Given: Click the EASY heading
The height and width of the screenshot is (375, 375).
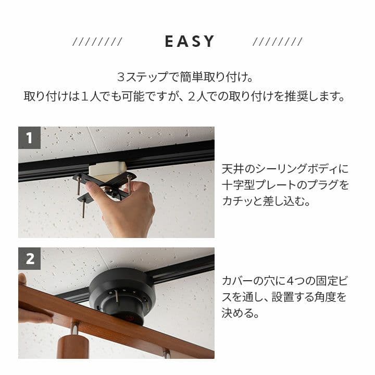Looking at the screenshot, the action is point(190,41).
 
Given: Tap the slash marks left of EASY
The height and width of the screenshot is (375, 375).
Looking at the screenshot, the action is point(97,42).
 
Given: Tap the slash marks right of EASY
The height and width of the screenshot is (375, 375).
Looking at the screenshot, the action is point(278,42).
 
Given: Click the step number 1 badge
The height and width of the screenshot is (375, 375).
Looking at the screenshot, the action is point(29,137).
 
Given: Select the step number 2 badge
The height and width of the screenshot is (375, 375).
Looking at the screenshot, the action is point(29,259).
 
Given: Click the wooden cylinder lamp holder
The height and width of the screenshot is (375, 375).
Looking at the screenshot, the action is point(73,347).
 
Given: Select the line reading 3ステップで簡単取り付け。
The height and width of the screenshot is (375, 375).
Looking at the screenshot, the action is point(185,77).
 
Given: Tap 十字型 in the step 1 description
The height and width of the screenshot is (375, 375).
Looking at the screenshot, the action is point(238,185).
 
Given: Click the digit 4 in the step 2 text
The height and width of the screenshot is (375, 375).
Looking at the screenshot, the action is point(290,281).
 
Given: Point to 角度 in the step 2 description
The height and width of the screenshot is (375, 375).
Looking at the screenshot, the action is point(324,297).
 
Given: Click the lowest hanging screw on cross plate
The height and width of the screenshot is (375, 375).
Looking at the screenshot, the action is point(83,209).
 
